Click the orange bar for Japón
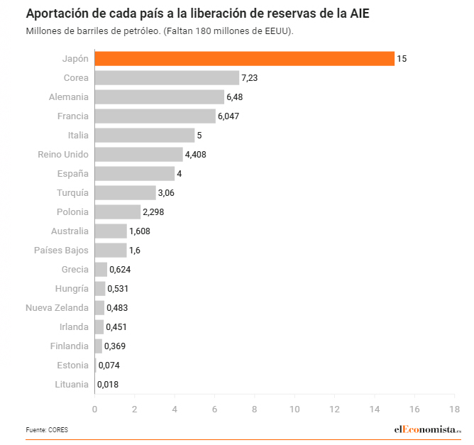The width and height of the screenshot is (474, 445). click(x=244, y=59)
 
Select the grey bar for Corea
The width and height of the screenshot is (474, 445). click(x=167, y=78)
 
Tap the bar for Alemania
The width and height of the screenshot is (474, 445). click(x=159, y=97)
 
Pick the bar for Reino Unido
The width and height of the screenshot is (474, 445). click(x=138, y=154)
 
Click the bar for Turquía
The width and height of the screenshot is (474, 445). click(x=125, y=192)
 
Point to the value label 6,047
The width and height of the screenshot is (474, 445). click(x=229, y=116)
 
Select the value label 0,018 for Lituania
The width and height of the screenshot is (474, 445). click(x=108, y=385)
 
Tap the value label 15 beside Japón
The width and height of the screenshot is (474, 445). click(x=402, y=59)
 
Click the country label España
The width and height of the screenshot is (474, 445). click(x=73, y=173)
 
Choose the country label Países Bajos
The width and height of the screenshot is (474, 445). click(x=62, y=250)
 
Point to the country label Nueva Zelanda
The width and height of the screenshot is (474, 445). click(x=57, y=307)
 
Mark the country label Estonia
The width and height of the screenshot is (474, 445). click(x=72, y=366)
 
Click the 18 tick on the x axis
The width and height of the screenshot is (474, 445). click(x=454, y=409)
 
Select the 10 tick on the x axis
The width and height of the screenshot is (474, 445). click(x=294, y=409)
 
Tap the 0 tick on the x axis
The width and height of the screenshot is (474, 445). click(x=94, y=409)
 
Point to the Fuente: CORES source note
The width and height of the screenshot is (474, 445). click(x=48, y=430)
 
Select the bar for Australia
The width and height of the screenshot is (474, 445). click(x=111, y=231)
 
